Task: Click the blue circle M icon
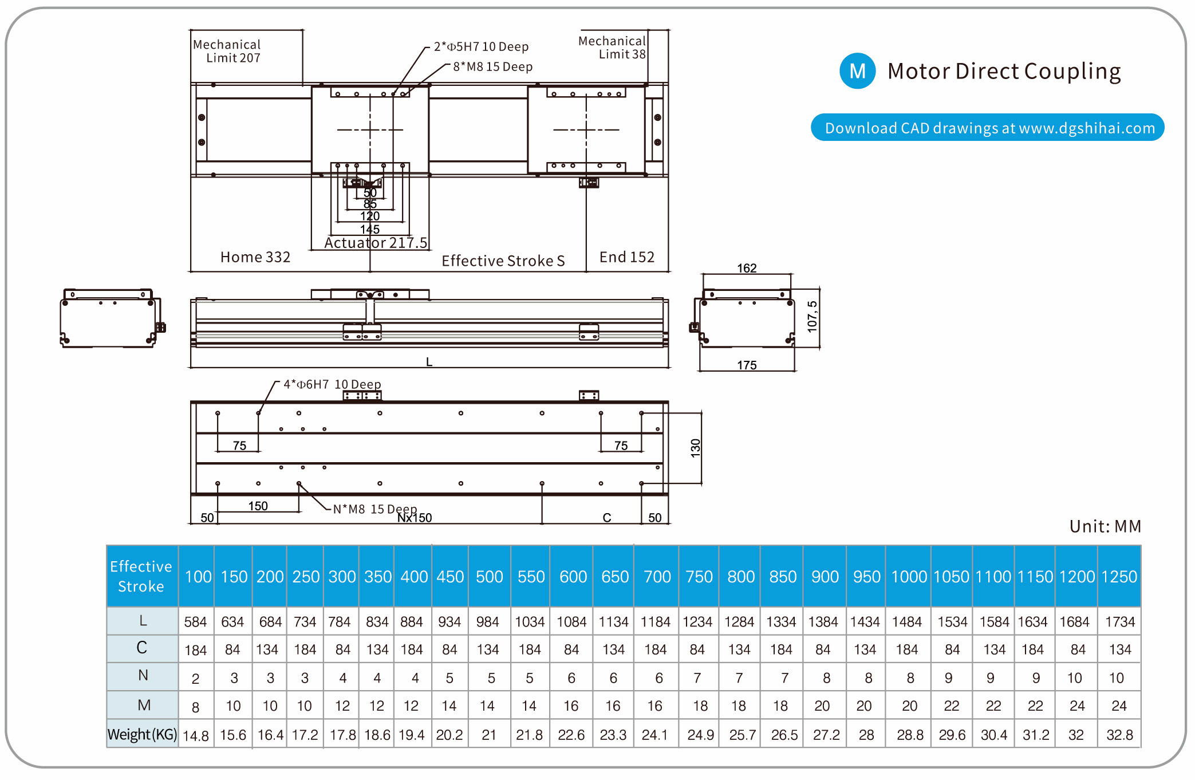(x=857, y=71)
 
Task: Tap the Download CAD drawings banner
(x=987, y=128)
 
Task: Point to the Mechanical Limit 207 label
(x=227, y=51)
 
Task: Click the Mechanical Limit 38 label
(x=612, y=48)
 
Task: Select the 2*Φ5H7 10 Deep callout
(x=481, y=46)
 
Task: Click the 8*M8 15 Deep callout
(x=492, y=66)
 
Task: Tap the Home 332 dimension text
(x=255, y=257)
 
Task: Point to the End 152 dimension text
(x=626, y=257)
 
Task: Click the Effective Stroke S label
(x=503, y=261)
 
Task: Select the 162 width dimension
(x=747, y=268)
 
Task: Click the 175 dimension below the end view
(x=747, y=365)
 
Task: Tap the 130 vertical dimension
(x=696, y=448)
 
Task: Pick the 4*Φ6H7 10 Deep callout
(x=332, y=384)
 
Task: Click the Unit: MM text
(x=1105, y=526)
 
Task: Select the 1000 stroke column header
(x=909, y=576)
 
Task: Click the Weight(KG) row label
(x=142, y=734)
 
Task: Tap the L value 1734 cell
(x=1119, y=621)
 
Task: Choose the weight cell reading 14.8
(x=196, y=735)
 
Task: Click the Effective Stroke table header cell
(x=141, y=576)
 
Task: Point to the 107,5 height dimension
(x=812, y=317)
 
